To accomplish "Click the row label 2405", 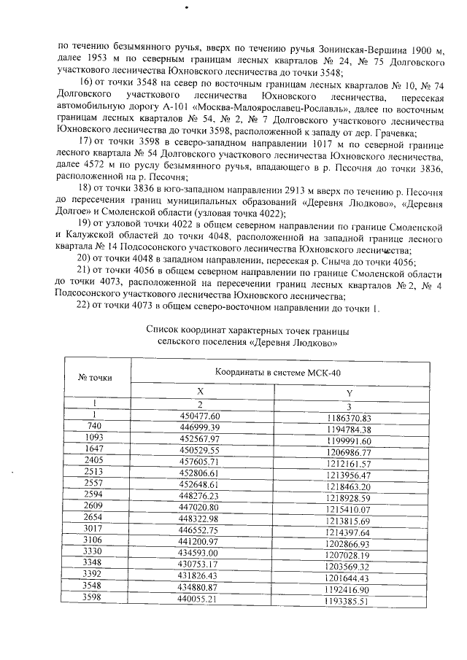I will point(93,465).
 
